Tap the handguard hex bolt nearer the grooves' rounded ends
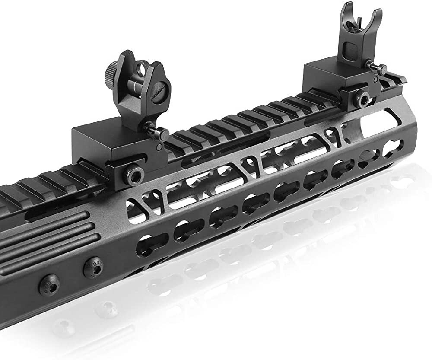pos(92,265)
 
